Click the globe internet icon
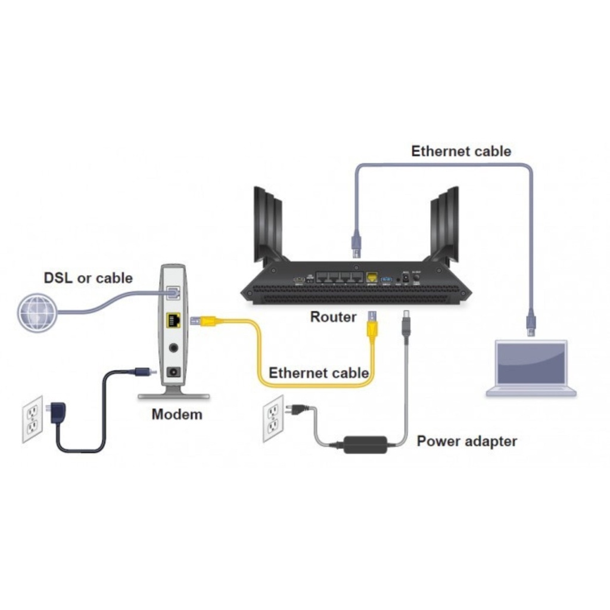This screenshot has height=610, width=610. coord(37,311)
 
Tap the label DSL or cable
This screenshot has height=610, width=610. coord(88,278)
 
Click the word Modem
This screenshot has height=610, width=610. coord(177,413)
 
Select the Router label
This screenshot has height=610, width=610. coord(333,317)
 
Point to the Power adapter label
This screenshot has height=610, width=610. coord(466,441)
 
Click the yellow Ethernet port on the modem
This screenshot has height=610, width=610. coord(173,320)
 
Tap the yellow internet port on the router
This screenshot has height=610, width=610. coord(372,278)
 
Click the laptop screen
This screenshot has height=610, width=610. coord(531,364)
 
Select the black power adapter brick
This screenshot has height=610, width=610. coord(365,444)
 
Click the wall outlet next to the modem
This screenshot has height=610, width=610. coord(33,419)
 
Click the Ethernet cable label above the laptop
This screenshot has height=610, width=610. coord(461,151)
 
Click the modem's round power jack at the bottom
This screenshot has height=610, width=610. coord(173,371)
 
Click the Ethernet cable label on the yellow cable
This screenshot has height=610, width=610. coord(319,373)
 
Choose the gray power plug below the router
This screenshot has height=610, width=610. coord(407,329)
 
